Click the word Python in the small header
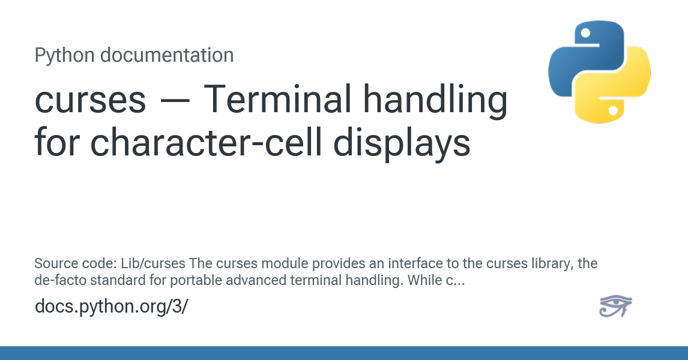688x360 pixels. click(64, 56)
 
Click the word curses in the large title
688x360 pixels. click(91, 100)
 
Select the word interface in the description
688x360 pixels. click(375, 264)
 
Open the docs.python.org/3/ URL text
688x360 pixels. click(112, 306)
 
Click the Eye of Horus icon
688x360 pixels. click(615, 306)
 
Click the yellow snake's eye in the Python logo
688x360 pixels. click(614, 110)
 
